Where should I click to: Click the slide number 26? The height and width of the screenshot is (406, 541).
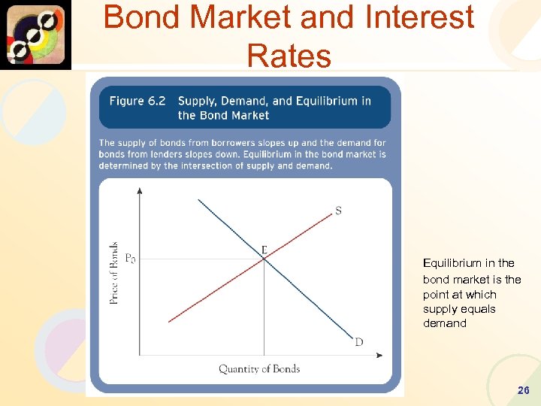point(524,390)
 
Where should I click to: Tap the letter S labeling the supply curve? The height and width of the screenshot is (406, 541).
point(338,211)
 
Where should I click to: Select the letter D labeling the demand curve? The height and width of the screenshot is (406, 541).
point(359,342)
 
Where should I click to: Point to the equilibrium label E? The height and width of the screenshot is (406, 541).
point(264,249)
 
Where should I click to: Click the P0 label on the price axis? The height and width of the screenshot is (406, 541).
point(130,259)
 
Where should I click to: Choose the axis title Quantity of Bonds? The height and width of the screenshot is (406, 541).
point(259,368)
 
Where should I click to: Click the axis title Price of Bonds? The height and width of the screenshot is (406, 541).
point(114,272)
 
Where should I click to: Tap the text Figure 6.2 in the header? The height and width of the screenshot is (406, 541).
point(138,101)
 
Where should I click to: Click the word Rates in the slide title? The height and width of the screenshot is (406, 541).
point(289,55)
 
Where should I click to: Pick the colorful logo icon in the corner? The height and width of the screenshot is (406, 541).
point(36,35)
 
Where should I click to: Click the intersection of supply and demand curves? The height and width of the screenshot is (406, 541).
point(264,259)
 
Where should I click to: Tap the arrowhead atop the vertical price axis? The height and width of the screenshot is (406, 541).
point(140,190)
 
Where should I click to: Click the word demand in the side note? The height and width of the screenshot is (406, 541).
point(445,323)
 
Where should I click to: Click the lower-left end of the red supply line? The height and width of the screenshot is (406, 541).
point(169,321)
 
